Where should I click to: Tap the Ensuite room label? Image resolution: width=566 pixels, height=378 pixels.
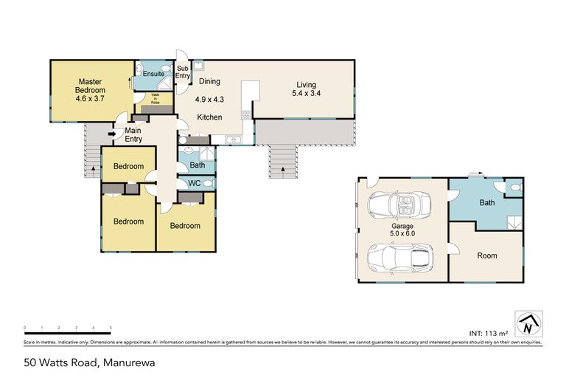pos(153,74)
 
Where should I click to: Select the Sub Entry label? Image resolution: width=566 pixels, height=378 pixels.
pos(183,72)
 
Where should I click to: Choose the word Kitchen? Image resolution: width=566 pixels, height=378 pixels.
pos(210,117)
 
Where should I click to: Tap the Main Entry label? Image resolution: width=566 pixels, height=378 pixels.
pos(133,134)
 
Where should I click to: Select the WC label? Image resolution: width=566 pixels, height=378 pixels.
pos(195,183)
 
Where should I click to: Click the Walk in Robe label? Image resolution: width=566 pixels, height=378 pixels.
pos(156,99)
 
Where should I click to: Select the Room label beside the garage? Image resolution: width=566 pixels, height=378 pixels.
pos(487,256)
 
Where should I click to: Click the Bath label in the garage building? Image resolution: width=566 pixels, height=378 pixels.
pos(487,202)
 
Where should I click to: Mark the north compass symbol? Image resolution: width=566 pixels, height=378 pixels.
pos(528,323)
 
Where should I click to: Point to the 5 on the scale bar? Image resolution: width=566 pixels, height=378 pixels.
pos(111,327)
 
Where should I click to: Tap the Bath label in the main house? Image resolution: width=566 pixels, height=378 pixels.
pos(197,165)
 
